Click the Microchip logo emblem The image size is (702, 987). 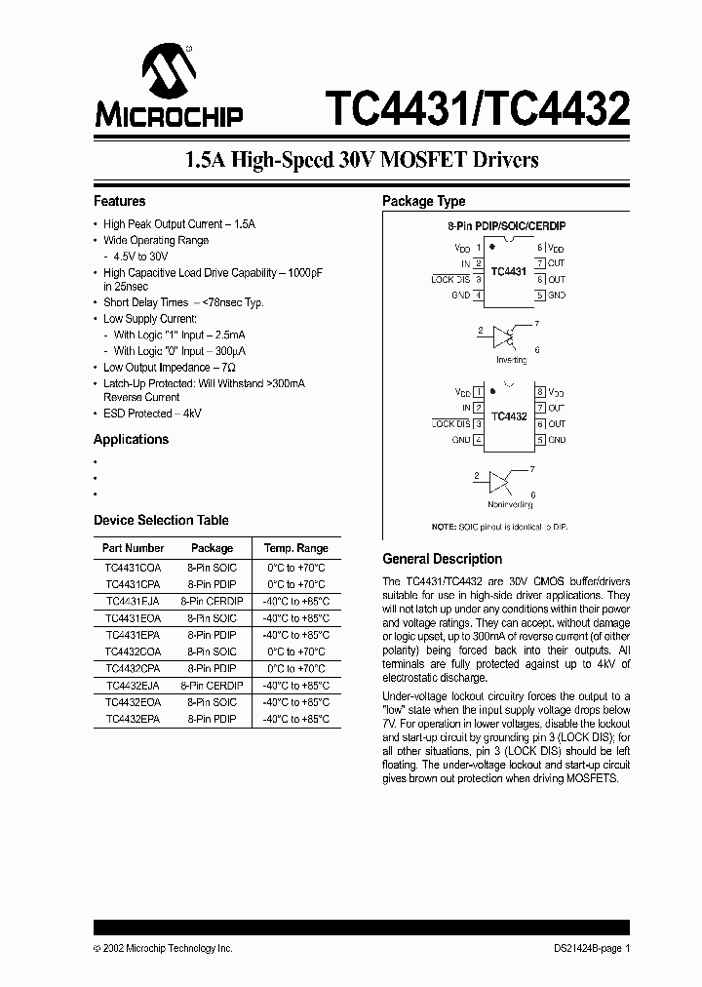click(169, 71)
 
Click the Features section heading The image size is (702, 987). click(119, 201)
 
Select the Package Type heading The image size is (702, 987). click(423, 201)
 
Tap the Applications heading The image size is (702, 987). click(131, 439)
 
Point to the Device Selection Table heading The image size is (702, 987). click(161, 520)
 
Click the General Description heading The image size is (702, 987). click(442, 559)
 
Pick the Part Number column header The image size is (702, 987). click(133, 548)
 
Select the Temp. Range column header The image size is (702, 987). click(295, 548)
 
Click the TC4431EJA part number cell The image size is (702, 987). click(132, 601)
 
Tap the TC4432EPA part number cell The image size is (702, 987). click(132, 719)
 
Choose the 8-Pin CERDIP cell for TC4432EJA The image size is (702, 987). click(212, 685)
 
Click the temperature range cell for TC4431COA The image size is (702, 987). click(295, 568)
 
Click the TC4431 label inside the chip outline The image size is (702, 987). click(509, 271)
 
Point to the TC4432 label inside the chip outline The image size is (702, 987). click(509, 415)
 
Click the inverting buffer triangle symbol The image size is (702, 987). click(504, 336)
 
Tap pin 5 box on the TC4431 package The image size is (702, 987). click(539, 295)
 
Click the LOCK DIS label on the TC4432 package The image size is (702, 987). click(449, 424)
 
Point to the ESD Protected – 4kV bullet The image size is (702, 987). click(152, 414)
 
